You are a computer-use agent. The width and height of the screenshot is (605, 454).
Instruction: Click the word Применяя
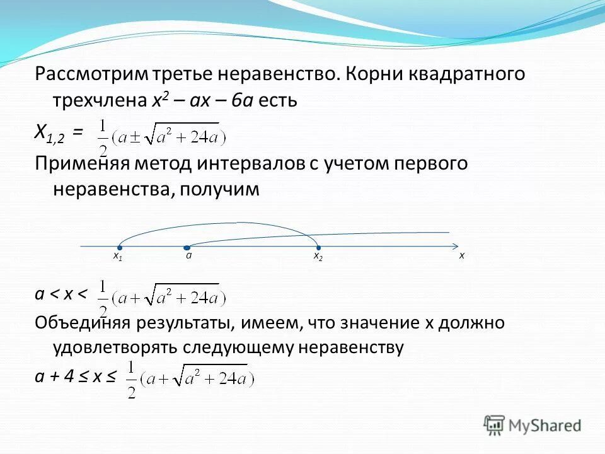[81, 164]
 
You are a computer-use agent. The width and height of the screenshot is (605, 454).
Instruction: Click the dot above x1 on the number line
[119, 248]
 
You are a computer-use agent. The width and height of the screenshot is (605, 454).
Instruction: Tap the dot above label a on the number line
[187, 248]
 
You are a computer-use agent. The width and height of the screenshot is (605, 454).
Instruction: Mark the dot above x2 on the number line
[318, 248]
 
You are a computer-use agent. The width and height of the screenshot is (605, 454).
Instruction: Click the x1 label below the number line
[118, 257]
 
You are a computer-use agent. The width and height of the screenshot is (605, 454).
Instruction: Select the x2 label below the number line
[318, 257]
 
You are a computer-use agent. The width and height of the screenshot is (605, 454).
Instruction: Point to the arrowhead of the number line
[454, 246]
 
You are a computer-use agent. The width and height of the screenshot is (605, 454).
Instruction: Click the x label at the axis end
[461, 256]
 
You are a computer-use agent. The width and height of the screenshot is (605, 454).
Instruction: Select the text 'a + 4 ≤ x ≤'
[76, 376]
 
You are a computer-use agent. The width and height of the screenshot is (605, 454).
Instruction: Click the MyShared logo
[533, 426]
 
